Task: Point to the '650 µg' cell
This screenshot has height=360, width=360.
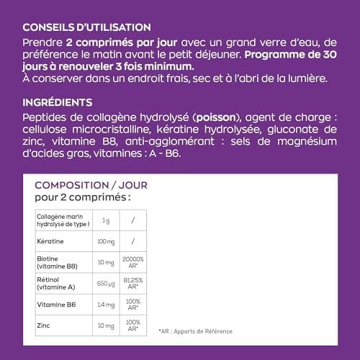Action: tap(106, 283)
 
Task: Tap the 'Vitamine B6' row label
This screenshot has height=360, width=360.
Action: tap(53, 305)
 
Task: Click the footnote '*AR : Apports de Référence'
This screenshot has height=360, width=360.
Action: tap(196, 331)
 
